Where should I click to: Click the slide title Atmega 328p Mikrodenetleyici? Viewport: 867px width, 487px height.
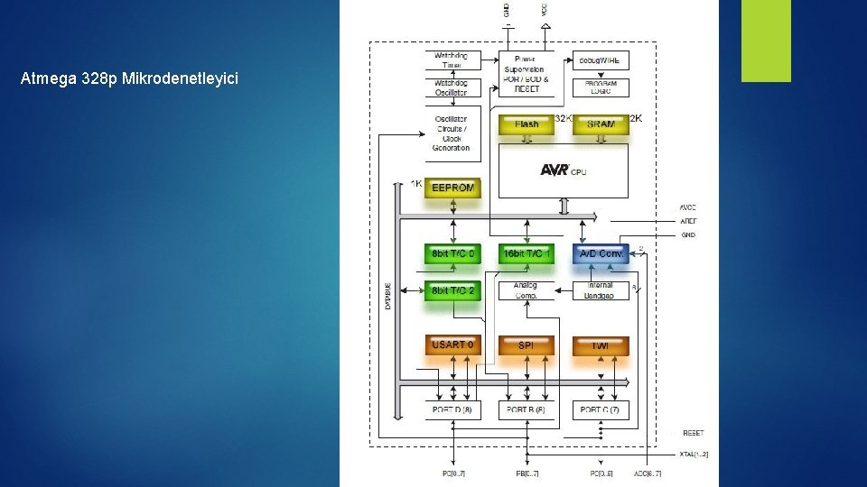pos(129,79)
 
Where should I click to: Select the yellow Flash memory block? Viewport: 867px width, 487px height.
pos(527,124)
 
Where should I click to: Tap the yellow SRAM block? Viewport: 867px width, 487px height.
pos(601,124)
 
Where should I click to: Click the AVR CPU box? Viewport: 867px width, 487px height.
pos(564,170)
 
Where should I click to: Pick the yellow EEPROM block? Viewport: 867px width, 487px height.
pos(452,188)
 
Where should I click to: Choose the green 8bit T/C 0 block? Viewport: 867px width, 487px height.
pos(452,254)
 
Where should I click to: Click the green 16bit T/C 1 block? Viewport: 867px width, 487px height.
pos(527,254)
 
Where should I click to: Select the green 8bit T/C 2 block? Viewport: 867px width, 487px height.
pos(452,290)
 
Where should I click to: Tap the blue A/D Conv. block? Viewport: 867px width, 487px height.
pos(601,254)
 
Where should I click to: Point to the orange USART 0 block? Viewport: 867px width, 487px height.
pos(452,345)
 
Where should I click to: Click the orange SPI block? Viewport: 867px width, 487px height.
pos(527,345)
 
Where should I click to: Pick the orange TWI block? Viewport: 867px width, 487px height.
pos(601,345)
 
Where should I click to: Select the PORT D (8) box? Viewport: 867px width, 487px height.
pos(452,410)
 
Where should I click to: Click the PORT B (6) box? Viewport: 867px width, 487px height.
pos(527,410)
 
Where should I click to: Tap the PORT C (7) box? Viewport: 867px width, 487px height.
pos(601,410)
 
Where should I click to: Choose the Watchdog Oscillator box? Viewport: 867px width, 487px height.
pos(452,88)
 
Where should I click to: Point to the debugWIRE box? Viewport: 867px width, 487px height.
pos(601,60)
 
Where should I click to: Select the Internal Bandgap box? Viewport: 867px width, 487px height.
pos(601,290)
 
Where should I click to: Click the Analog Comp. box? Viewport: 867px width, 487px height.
pos(527,290)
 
